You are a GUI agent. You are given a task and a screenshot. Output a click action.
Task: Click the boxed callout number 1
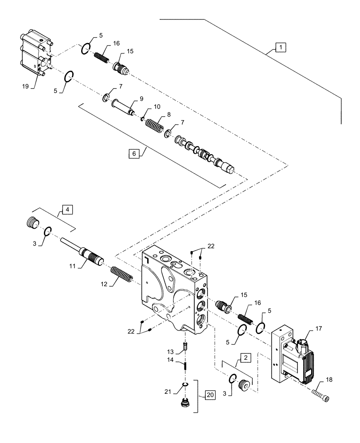(x=281, y=47)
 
